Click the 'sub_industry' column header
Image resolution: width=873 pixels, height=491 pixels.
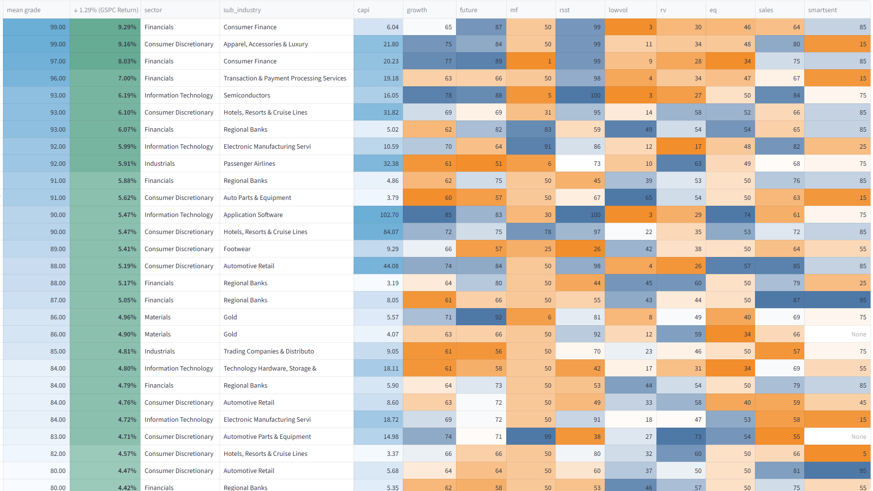point(242,10)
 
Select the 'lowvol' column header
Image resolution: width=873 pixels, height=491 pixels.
point(618,10)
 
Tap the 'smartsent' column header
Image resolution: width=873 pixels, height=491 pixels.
point(822,10)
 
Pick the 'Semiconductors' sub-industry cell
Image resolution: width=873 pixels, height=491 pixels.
point(247,95)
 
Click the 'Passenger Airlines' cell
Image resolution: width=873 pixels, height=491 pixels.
point(249,163)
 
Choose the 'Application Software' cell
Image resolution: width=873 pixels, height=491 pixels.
point(253,215)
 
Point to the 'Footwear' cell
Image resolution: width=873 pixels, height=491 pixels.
point(237,249)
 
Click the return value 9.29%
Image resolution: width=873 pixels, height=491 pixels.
point(127,27)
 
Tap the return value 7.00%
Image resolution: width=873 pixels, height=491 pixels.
point(127,78)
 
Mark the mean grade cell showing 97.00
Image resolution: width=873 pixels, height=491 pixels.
point(58,61)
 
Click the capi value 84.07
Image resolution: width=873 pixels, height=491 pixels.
point(391,232)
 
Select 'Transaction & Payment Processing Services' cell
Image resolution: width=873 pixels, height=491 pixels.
point(285,78)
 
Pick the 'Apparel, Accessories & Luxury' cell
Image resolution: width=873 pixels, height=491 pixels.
point(266,44)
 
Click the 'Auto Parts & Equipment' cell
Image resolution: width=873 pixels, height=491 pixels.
point(258,197)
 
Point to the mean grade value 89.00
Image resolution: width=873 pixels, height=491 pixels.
point(58,249)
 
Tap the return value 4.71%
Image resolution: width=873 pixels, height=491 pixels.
point(127,436)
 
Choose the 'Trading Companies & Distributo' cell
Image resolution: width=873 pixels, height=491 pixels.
point(269,351)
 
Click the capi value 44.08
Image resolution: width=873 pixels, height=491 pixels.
point(391,266)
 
